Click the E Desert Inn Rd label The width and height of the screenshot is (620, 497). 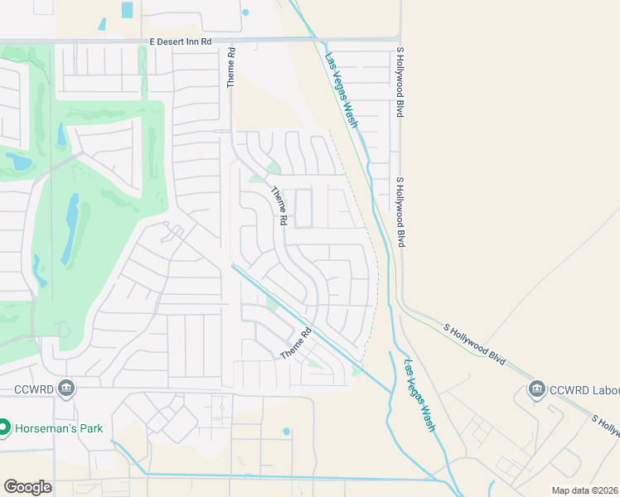point(182,41)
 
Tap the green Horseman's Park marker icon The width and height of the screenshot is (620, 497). point(3,427)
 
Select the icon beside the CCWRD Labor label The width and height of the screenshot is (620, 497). point(536,388)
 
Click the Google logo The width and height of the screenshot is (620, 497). point(27,487)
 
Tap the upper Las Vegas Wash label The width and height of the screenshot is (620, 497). point(341,90)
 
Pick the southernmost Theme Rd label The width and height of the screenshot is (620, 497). point(295,343)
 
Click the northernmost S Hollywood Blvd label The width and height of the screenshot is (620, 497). point(400,82)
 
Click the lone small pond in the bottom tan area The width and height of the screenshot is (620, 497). point(286,432)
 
